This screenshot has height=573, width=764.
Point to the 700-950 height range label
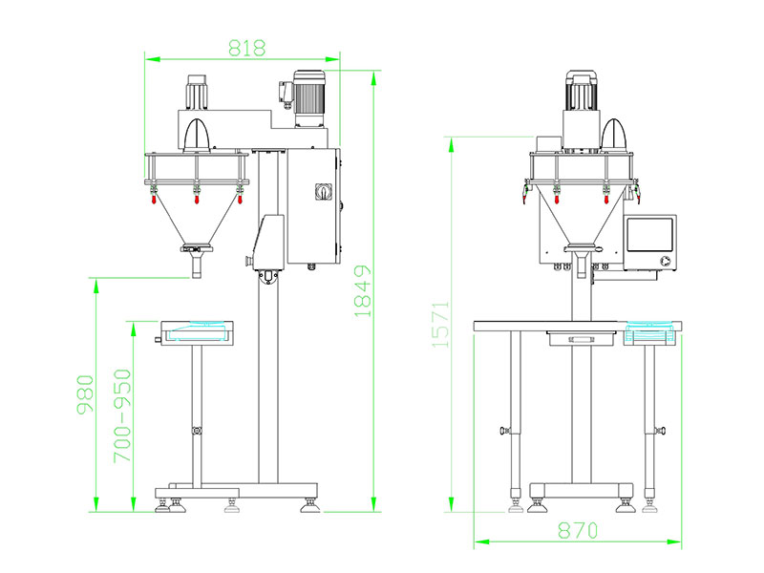pos(123,417)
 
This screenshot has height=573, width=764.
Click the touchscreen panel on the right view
pos(648,244)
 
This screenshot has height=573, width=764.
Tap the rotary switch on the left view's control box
pos(323,194)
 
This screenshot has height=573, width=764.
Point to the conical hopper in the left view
pos(197,220)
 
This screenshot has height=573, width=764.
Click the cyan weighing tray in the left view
pos(197,331)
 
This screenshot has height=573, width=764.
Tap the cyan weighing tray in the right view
pos(651,335)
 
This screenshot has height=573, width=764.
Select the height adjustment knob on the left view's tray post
pos(197,432)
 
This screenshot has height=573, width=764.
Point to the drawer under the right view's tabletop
pos(579,337)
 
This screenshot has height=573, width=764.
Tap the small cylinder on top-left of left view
pos(197,92)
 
